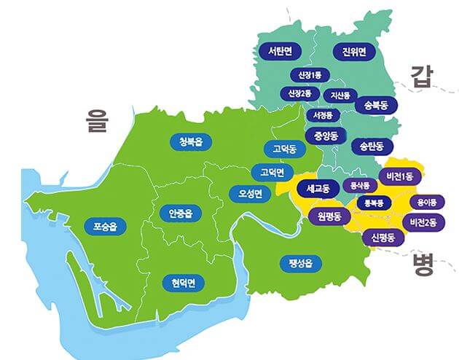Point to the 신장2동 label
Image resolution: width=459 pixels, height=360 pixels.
(x=299, y=94)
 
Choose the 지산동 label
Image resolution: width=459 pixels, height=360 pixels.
(x=340, y=95)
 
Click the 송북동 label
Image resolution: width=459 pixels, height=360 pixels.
(x=376, y=105)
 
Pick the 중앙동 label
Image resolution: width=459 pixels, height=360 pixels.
(x=325, y=136)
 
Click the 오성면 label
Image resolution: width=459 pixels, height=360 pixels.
(x=246, y=194)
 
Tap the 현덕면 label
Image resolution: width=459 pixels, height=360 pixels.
(x=184, y=282)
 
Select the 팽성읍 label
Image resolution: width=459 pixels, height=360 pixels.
(x=299, y=262)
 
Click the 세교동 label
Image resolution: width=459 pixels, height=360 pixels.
(x=318, y=189)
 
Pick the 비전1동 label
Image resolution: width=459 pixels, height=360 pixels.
(x=400, y=176)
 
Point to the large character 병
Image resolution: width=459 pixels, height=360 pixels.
(x=422, y=263)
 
